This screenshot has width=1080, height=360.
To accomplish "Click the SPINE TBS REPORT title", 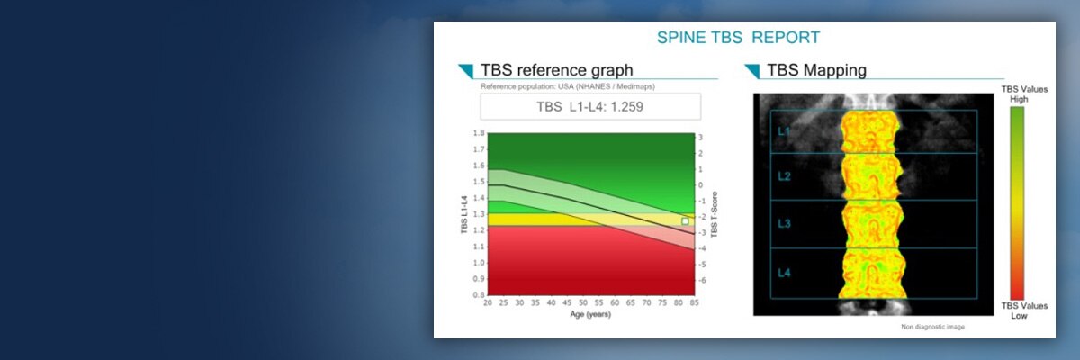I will coord(738,38).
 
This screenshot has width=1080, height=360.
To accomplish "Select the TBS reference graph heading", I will coord(556,70).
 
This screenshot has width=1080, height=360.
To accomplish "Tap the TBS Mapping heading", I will coord(816,70).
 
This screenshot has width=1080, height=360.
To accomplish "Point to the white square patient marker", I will coord(685,220).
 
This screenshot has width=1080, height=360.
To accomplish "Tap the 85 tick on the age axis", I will coord(693,304).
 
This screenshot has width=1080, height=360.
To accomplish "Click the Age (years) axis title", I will coord(590,315).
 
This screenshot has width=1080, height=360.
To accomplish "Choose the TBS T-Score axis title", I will coord(715,214).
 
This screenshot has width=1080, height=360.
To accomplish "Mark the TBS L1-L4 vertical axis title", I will coord(464,215).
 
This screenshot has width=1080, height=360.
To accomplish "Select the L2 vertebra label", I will coord(785,176).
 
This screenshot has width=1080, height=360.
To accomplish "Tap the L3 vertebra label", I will coord(785,224).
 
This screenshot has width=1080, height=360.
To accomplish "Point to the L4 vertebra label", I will coord(785,271).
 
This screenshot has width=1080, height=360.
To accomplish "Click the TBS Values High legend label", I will coord(1014,94).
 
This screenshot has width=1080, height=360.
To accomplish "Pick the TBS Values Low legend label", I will coord(1014,310).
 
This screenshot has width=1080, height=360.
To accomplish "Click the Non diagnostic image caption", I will coord(932,327).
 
